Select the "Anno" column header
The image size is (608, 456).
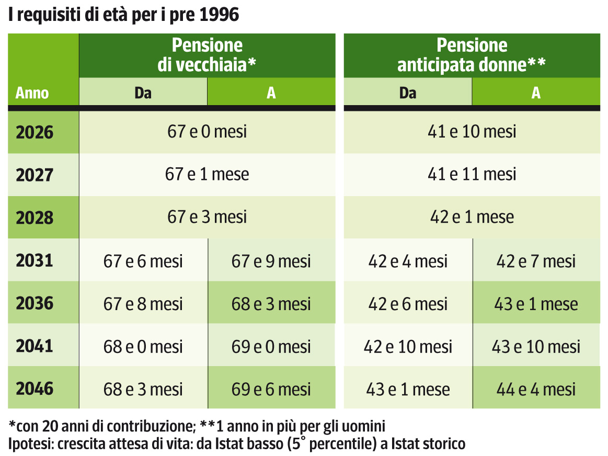pyautogui.click(x=32, y=93)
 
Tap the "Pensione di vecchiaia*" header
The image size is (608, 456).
pyautogui.click(x=207, y=55)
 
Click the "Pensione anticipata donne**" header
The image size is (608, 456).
pyautogui.click(x=472, y=55)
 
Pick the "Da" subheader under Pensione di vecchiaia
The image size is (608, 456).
pyautogui.click(x=143, y=93)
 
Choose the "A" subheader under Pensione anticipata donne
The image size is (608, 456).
pyautogui.click(x=536, y=93)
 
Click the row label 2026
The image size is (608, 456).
pyautogui.click(x=35, y=132)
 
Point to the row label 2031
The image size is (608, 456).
pyautogui.click(x=35, y=260)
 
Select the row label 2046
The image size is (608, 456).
pyautogui.click(x=35, y=389)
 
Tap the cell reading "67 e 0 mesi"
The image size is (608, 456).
pyautogui.click(x=207, y=132)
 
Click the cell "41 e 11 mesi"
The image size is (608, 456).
pyautogui.click(x=472, y=175)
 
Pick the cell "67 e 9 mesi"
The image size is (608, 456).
pyautogui.click(x=271, y=261)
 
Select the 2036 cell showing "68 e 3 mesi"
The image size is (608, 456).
pyautogui.click(x=271, y=304)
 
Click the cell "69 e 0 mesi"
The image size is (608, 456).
pyautogui.click(x=271, y=347)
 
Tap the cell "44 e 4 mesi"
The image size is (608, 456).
pyautogui.click(x=536, y=390)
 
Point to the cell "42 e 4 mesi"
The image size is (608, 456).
pyautogui.click(x=408, y=261)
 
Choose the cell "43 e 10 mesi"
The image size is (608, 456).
pyautogui.click(x=536, y=347)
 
